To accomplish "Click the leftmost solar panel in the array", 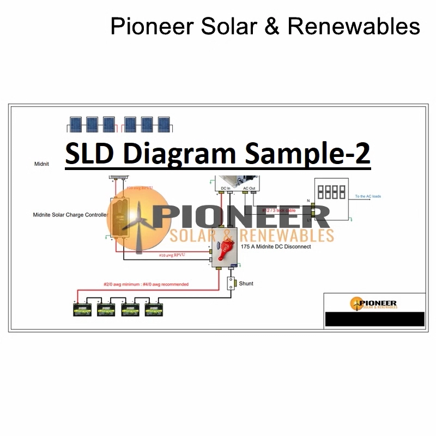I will [x=76, y=124].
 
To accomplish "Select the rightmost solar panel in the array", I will [x=163, y=124].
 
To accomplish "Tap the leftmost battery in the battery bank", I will [x=84, y=310].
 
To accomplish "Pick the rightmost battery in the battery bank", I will [x=155, y=310].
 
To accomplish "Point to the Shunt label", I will [x=246, y=283].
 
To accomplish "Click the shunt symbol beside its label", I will [x=231, y=284].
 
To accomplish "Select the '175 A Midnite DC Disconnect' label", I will [x=276, y=247].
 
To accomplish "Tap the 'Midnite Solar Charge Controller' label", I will [x=70, y=215].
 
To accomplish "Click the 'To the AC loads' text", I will [x=368, y=196].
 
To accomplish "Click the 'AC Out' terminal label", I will [x=249, y=188].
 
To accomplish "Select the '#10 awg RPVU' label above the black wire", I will [x=170, y=255].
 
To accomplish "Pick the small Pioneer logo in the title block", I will [x=374, y=304].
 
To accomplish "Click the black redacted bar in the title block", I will [x=374, y=319].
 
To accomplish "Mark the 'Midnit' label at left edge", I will [x=41, y=164].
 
